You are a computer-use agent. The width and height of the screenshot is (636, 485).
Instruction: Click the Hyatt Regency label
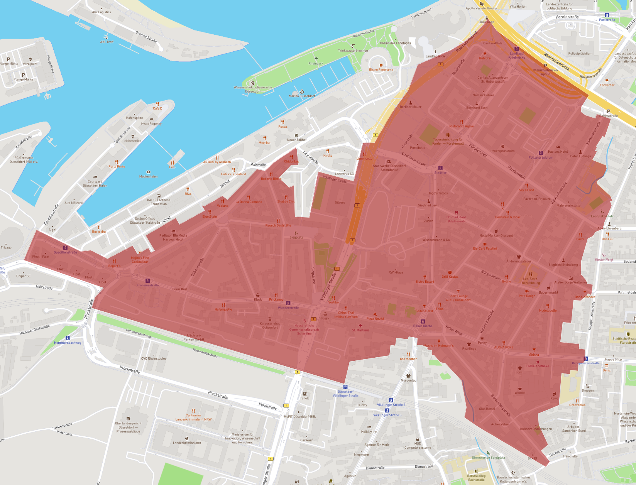click(151, 124)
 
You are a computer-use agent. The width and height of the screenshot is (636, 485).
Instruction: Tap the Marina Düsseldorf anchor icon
click(302, 91)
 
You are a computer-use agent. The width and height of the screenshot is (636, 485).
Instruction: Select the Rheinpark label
click(316, 64)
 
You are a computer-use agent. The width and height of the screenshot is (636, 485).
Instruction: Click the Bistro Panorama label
click(381, 70)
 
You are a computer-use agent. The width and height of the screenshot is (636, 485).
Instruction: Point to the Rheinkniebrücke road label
click(556, 61)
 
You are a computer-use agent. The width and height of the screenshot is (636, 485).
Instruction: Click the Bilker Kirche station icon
click(423, 321)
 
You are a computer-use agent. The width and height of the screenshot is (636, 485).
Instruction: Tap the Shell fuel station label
click(305, 398)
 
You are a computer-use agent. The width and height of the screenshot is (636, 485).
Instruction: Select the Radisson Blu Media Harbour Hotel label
click(173, 237)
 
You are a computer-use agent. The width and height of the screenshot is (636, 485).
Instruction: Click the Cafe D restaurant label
click(157, 108)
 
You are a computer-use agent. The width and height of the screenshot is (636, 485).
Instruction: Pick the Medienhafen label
click(148, 176)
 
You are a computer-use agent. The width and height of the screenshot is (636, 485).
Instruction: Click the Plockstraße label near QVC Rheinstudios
click(130, 370)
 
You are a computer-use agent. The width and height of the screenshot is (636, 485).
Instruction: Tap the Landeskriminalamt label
click(187, 443)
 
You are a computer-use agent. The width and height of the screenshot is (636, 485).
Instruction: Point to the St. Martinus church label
click(360, 330)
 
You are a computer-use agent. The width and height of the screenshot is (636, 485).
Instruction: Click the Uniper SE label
click(23, 276)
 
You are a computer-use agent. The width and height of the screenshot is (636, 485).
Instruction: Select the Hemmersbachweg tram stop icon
click(68, 338)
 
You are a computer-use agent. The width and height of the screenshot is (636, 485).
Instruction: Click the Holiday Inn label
click(369, 432)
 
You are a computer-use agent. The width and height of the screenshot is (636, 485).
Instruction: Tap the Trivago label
click(6, 247)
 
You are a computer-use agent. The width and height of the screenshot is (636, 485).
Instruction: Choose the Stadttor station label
click(440, 172)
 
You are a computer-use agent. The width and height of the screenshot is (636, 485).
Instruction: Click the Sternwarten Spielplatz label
click(488, 458)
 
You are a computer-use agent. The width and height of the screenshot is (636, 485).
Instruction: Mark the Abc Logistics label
click(101, 12)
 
